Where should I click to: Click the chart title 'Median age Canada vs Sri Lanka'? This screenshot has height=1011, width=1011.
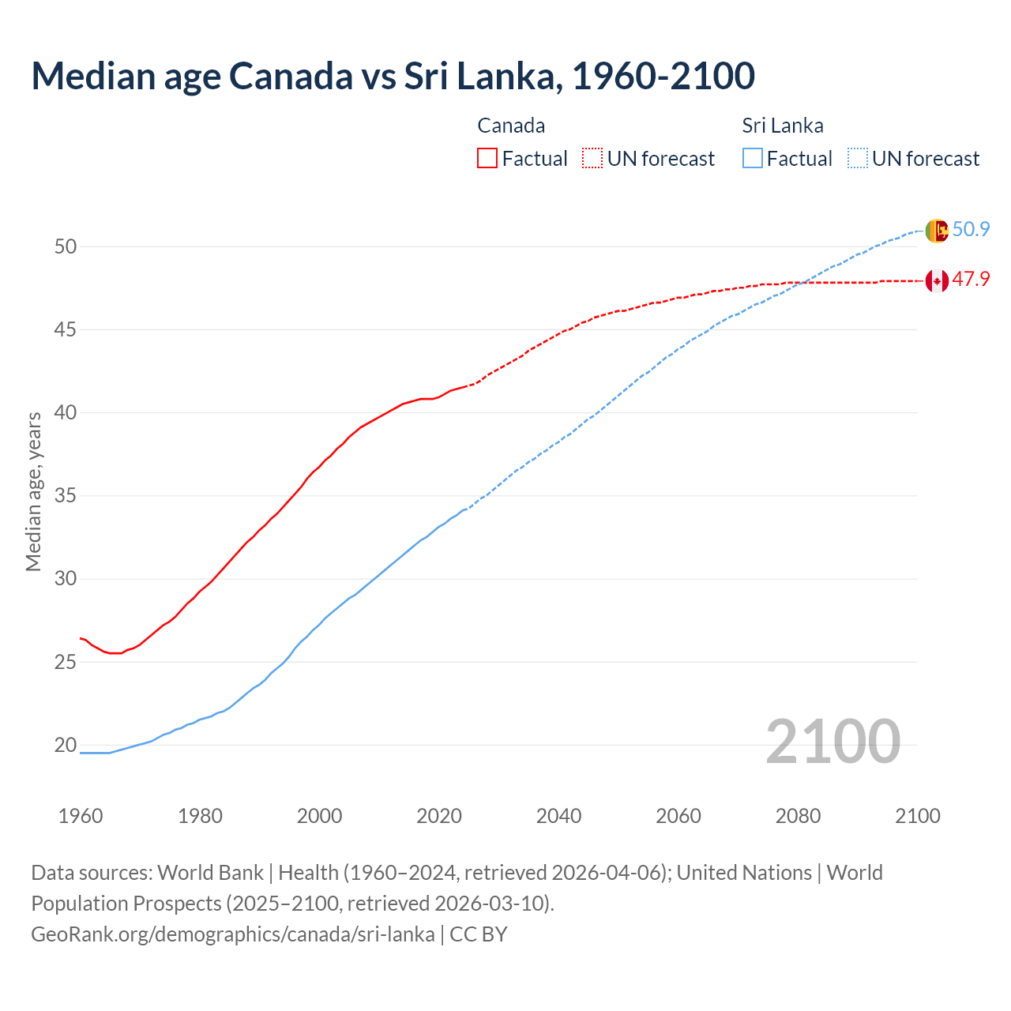tap(393, 76)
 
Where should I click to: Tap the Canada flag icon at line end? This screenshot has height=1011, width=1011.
tap(936, 280)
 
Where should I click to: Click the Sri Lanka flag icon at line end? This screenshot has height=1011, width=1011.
tap(936, 231)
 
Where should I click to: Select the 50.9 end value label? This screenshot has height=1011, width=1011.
tap(971, 230)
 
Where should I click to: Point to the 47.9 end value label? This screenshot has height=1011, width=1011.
tap(971, 280)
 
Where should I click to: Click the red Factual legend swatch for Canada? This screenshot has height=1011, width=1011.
tap(487, 158)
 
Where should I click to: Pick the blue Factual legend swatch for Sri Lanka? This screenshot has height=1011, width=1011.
tap(752, 158)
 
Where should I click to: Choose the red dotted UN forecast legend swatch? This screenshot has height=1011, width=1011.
tap(592, 158)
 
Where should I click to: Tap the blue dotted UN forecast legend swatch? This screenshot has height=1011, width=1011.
tap(857, 158)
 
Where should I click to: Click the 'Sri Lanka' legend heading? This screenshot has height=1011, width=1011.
tap(782, 126)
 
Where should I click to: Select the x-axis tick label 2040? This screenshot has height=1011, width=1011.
tap(558, 816)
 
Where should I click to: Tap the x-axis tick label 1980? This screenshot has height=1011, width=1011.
tap(200, 816)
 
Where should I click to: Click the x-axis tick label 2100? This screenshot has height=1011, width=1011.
tap(917, 816)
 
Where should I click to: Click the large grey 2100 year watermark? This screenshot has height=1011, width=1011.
tap(832, 741)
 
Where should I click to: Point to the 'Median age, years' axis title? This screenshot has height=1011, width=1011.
tap(33, 491)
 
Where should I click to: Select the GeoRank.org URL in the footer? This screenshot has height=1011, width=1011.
tap(232, 934)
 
